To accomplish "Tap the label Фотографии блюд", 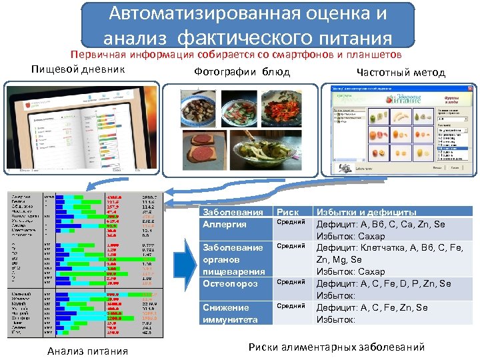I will pyautogui.click(x=242, y=72).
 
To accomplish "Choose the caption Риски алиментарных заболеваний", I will pyautogui.click(x=336, y=347).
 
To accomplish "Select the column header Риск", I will pyautogui.click(x=288, y=213).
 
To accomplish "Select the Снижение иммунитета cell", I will pyautogui.click(x=230, y=313).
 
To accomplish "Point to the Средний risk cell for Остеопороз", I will pyautogui.click(x=291, y=282).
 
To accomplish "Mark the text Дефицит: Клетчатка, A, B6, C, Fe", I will pyautogui.click(x=387, y=248).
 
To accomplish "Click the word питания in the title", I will pyautogui.click(x=353, y=37).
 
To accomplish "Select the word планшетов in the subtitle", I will pyautogui.click(x=371, y=55).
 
